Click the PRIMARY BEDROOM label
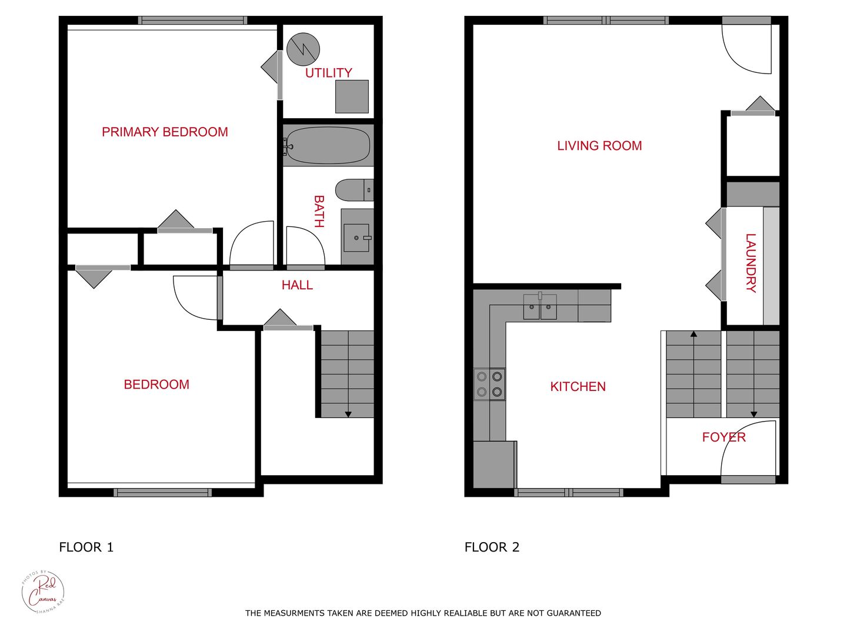tap(165, 132)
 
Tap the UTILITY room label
tap(328, 73)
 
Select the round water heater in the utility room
tap(304, 49)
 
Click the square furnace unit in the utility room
tap(352, 96)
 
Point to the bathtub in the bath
tap(328, 145)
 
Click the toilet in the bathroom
tap(354, 190)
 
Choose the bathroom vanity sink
tap(356, 238)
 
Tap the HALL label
tap(297, 285)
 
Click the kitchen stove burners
tap(489, 384)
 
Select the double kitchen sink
tap(540, 307)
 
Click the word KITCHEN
tap(578, 387)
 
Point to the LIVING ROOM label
tap(599, 146)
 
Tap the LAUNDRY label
tap(751, 263)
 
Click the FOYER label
tap(723, 437)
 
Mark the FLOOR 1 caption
tap(86, 547)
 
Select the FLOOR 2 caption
tap(492, 547)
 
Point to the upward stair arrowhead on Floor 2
tap(693, 334)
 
